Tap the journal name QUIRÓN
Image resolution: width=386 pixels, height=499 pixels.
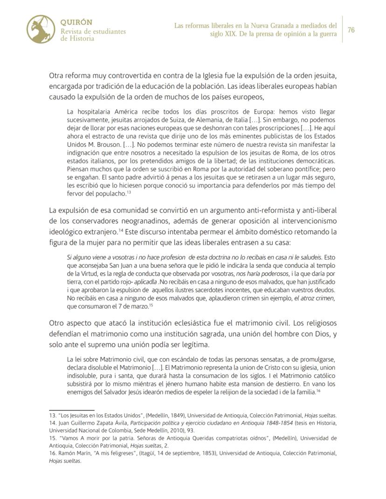click(76, 22)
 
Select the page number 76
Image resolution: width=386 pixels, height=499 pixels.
click(351, 30)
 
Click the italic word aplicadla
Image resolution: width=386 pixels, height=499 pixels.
click(146, 282)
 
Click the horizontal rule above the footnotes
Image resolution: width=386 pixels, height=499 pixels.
click(65, 410)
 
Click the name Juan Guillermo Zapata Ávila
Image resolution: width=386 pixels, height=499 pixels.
click(91, 423)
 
